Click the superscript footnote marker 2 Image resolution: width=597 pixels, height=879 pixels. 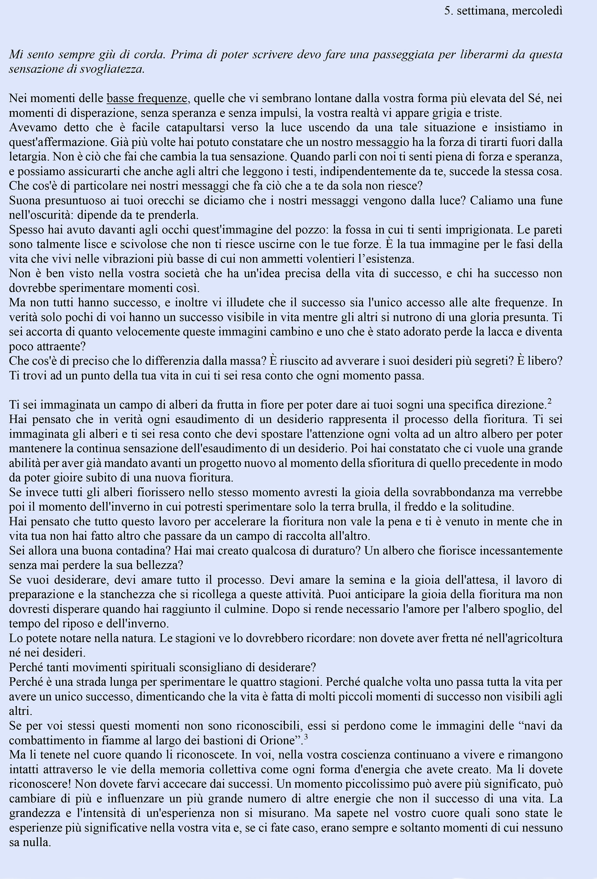coord(549,402)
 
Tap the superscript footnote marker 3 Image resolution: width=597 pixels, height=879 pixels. coord(306,736)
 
